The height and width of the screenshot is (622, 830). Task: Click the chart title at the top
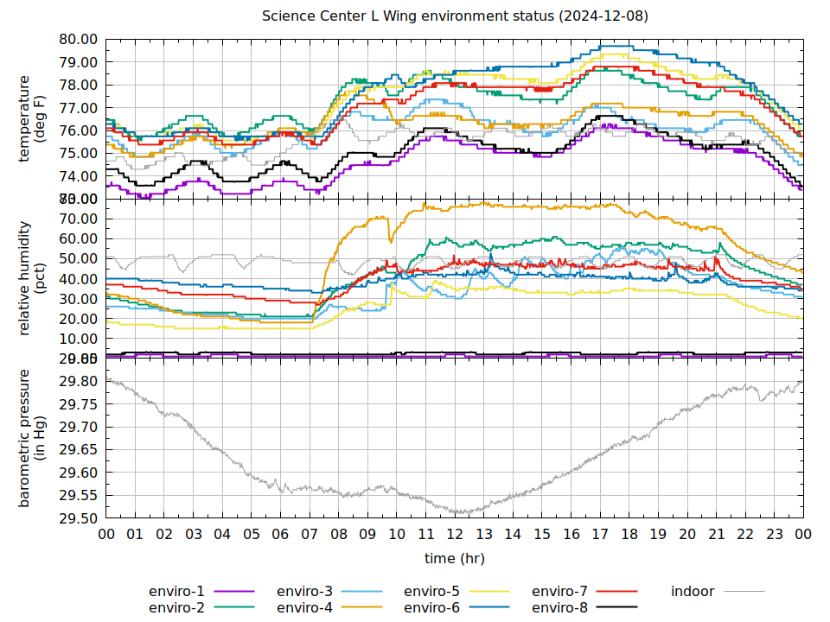click(455, 16)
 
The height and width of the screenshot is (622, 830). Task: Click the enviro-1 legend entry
click(176, 592)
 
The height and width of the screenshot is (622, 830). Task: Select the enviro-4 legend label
click(304, 608)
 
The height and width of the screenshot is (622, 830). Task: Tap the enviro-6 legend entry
click(432, 608)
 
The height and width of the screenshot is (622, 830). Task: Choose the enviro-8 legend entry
click(559, 608)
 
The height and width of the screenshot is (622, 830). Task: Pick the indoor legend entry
click(693, 592)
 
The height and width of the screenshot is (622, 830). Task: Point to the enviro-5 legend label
click(432, 592)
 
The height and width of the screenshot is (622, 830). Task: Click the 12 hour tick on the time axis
click(456, 535)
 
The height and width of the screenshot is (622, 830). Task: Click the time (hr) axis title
click(455, 559)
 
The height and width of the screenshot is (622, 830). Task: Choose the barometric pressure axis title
click(32, 437)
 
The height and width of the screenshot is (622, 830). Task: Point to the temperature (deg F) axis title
click(32, 119)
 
